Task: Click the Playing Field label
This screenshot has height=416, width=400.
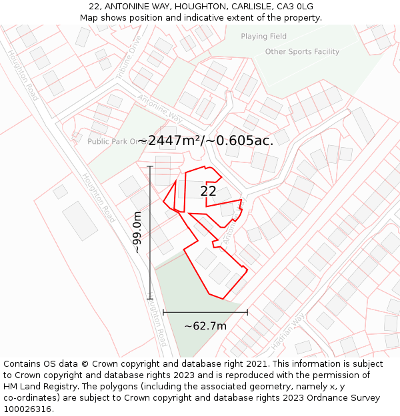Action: (x=263, y=37)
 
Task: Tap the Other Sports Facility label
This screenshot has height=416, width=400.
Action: (x=302, y=52)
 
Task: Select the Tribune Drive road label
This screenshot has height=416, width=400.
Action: (x=129, y=58)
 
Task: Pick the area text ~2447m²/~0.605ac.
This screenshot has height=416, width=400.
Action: (x=205, y=140)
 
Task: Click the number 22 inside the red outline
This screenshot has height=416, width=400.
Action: (x=208, y=191)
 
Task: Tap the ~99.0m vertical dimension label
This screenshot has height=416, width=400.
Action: (x=137, y=232)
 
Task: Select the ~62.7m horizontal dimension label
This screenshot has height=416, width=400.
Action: (x=205, y=325)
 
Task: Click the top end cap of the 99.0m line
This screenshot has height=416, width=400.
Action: (x=150, y=166)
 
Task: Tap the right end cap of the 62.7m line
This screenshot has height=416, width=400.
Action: (x=247, y=312)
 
